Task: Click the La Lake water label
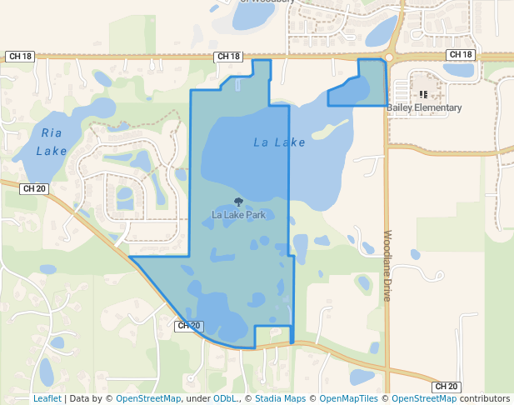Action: click(x=279, y=142)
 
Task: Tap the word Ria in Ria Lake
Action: click(x=52, y=132)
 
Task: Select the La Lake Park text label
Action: click(x=238, y=215)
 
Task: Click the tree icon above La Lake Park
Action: click(x=239, y=202)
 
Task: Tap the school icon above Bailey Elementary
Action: click(x=423, y=95)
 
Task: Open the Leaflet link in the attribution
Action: click(x=47, y=398)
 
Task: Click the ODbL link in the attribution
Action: click(x=225, y=398)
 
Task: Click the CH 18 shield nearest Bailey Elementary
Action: click(x=460, y=55)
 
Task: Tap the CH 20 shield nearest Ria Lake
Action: click(x=34, y=189)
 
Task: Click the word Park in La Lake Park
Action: click(x=255, y=215)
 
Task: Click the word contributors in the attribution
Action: click(x=484, y=398)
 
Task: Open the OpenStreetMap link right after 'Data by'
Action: click(x=147, y=398)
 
